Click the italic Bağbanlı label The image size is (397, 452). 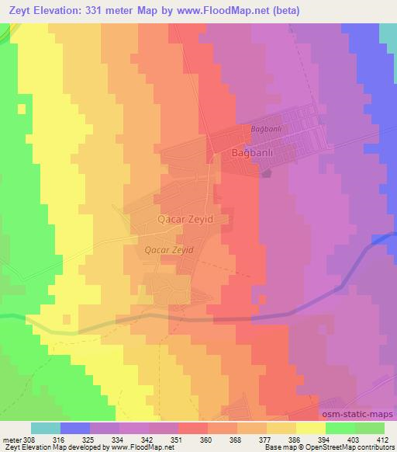tap(264, 128)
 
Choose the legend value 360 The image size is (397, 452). tap(205, 440)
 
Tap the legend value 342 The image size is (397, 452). tap(147, 440)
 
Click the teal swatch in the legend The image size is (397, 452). tap(45, 428)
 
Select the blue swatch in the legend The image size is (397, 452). tap(74, 428)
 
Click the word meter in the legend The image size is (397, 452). tap(11, 440)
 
